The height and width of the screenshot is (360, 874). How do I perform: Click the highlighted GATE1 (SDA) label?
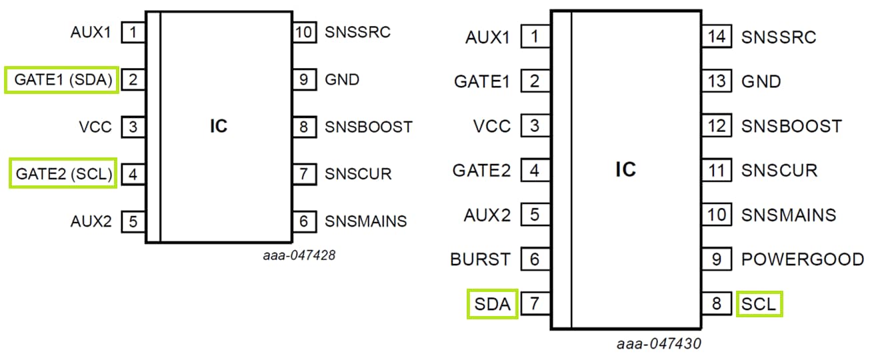click(x=61, y=80)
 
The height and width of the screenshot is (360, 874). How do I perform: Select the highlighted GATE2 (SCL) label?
click(x=63, y=174)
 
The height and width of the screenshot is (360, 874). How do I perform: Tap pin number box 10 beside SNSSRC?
click(x=304, y=31)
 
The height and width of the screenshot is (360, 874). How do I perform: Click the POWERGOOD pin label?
click(x=802, y=259)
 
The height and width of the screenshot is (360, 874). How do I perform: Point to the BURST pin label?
click(x=480, y=259)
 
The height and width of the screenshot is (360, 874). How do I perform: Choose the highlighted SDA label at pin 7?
click(x=493, y=305)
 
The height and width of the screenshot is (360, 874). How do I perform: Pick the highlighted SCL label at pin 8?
click(x=759, y=305)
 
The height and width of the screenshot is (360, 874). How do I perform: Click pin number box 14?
click(x=717, y=37)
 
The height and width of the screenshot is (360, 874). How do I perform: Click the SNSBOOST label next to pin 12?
click(x=791, y=125)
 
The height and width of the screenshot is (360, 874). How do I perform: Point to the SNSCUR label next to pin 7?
click(x=358, y=174)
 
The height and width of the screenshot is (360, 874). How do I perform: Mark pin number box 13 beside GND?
click(x=717, y=81)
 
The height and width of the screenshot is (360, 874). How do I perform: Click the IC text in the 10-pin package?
click(x=219, y=126)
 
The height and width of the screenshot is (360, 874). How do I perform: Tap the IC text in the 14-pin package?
click(x=625, y=170)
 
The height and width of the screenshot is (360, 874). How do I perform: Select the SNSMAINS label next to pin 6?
click(x=365, y=221)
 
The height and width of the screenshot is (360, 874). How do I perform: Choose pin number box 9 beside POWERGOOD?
click(x=717, y=259)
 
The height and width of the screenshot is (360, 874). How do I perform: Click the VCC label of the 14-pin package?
click(x=492, y=125)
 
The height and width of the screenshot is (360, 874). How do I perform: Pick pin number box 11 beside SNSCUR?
click(x=717, y=170)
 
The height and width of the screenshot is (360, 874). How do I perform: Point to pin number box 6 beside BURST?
click(x=535, y=259)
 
